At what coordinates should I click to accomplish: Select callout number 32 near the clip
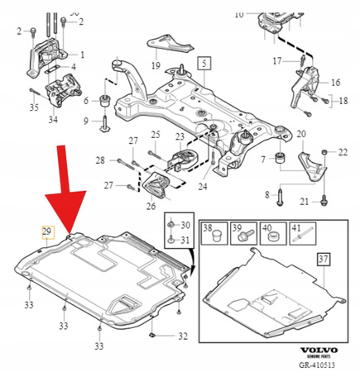click(x=183, y=336)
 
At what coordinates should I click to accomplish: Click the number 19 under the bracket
click(x=155, y=64)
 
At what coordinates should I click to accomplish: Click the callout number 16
click(x=335, y=83)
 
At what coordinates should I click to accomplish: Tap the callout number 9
click(x=86, y=122)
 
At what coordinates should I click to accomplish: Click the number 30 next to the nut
click(x=184, y=226)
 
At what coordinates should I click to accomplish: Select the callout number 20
click(x=300, y=134)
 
